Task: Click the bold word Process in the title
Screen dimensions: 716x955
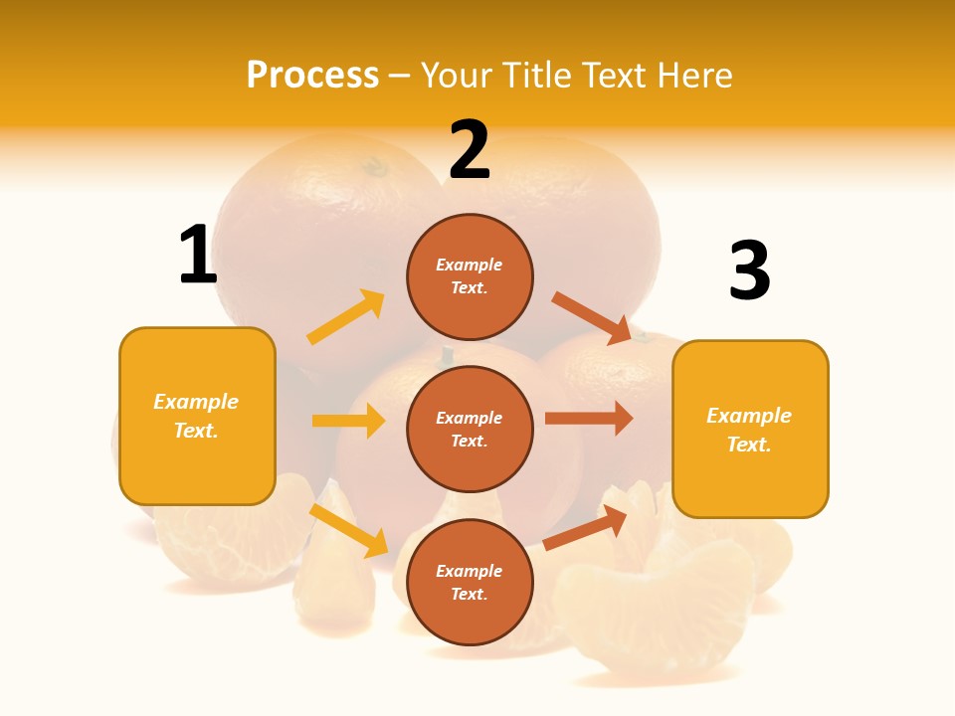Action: [312, 76]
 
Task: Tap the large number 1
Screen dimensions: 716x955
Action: [198, 256]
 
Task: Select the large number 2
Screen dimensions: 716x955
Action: [470, 150]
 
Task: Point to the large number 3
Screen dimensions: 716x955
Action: [749, 271]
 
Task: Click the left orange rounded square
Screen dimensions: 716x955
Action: [197, 416]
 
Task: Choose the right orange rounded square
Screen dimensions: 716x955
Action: [750, 429]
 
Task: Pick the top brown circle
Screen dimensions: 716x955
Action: [470, 276]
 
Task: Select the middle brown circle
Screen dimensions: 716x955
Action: [470, 429]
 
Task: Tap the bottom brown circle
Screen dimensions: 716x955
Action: [470, 582]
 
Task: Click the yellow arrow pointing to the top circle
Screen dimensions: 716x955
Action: [346, 317]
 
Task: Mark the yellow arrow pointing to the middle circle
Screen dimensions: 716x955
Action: [348, 421]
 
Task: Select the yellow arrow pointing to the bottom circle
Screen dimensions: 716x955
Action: [349, 530]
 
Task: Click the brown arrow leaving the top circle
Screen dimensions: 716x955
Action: [593, 317]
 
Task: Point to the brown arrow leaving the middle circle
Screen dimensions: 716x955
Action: [589, 419]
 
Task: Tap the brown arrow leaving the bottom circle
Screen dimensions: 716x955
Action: [586, 527]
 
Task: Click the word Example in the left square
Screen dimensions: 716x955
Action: [196, 402]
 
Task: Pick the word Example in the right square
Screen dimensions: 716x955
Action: [749, 416]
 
